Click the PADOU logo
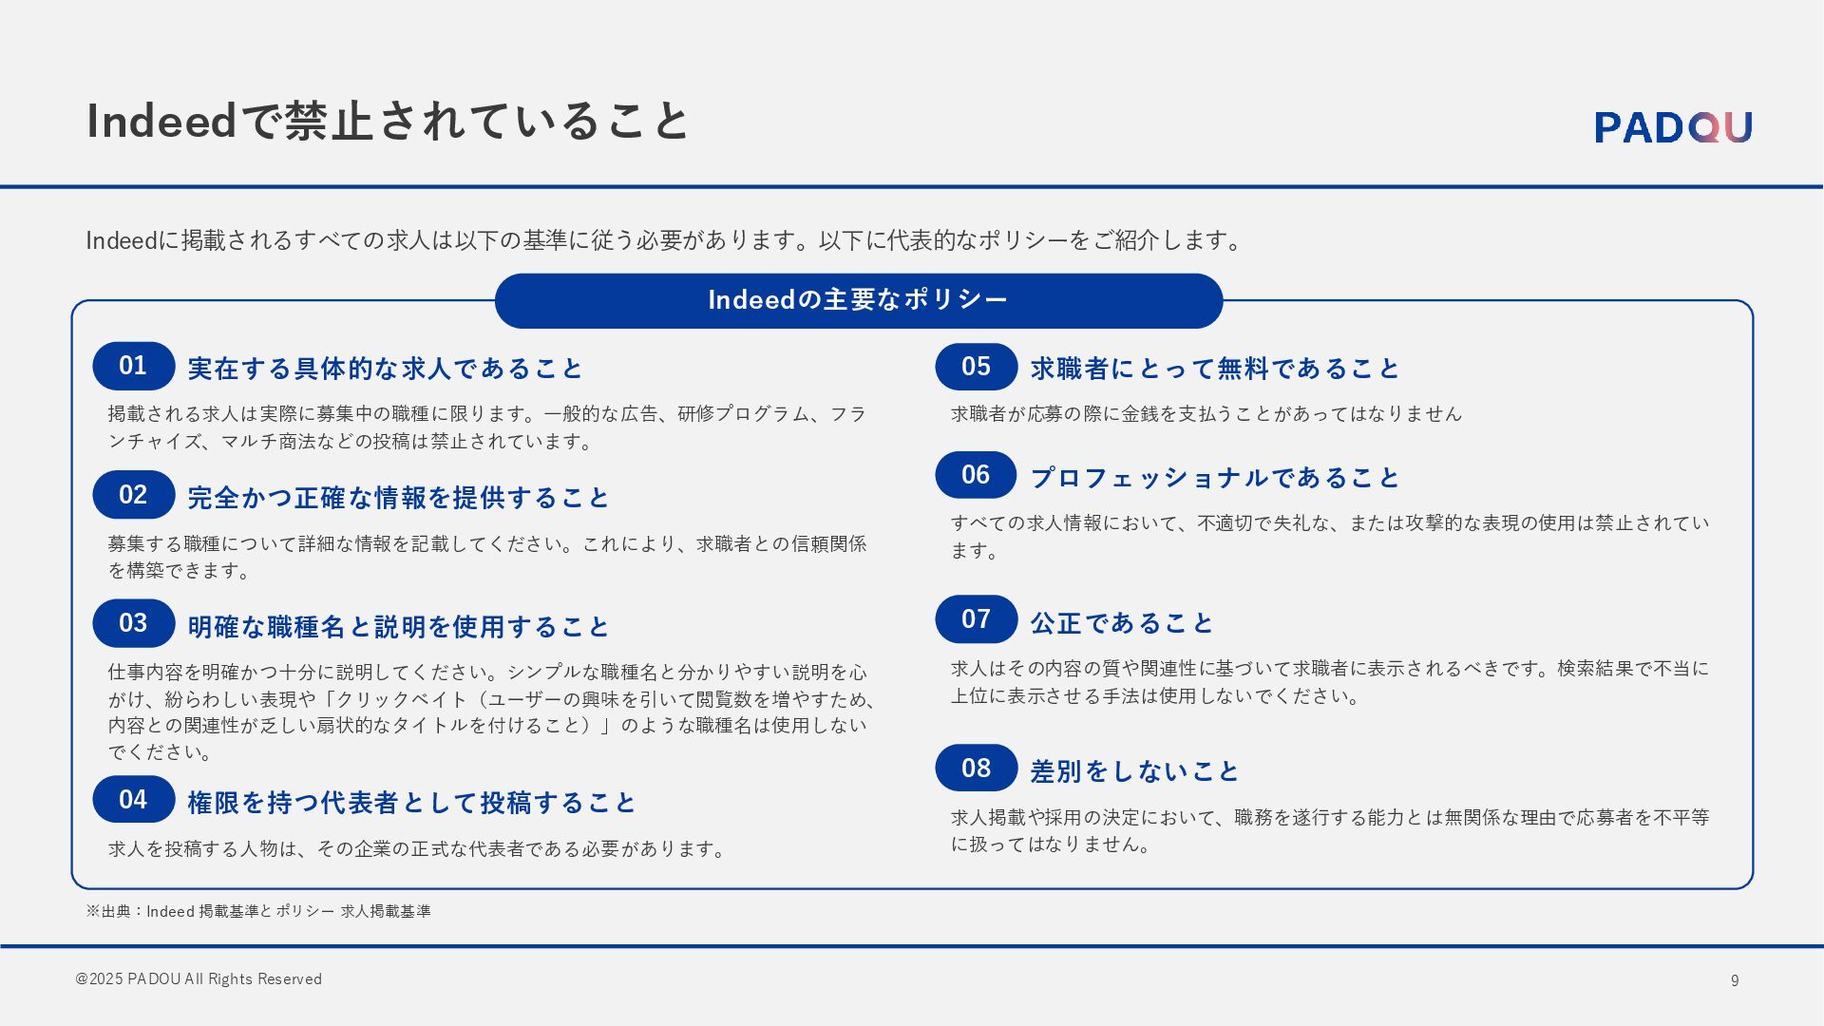point(1673,127)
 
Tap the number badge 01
point(134,366)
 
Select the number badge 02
point(134,495)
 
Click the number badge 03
point(134,623)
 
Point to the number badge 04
point(134,800)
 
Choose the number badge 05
point(976,367)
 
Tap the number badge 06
point(976,475)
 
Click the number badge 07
point(976,619)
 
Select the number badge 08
point(976,769)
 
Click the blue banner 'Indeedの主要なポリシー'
point(858,300)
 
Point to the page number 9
point(1735,980)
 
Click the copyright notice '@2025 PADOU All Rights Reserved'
point(199,979)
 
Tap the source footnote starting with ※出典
point(258,911)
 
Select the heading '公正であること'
point(1122,623)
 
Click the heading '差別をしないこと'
point(1135,771)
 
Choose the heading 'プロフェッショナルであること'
point(1215,478)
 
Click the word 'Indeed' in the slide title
point(161,122)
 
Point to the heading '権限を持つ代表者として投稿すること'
point(411,803)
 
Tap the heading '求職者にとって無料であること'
point(1215,369)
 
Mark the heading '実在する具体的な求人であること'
point(386,369)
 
